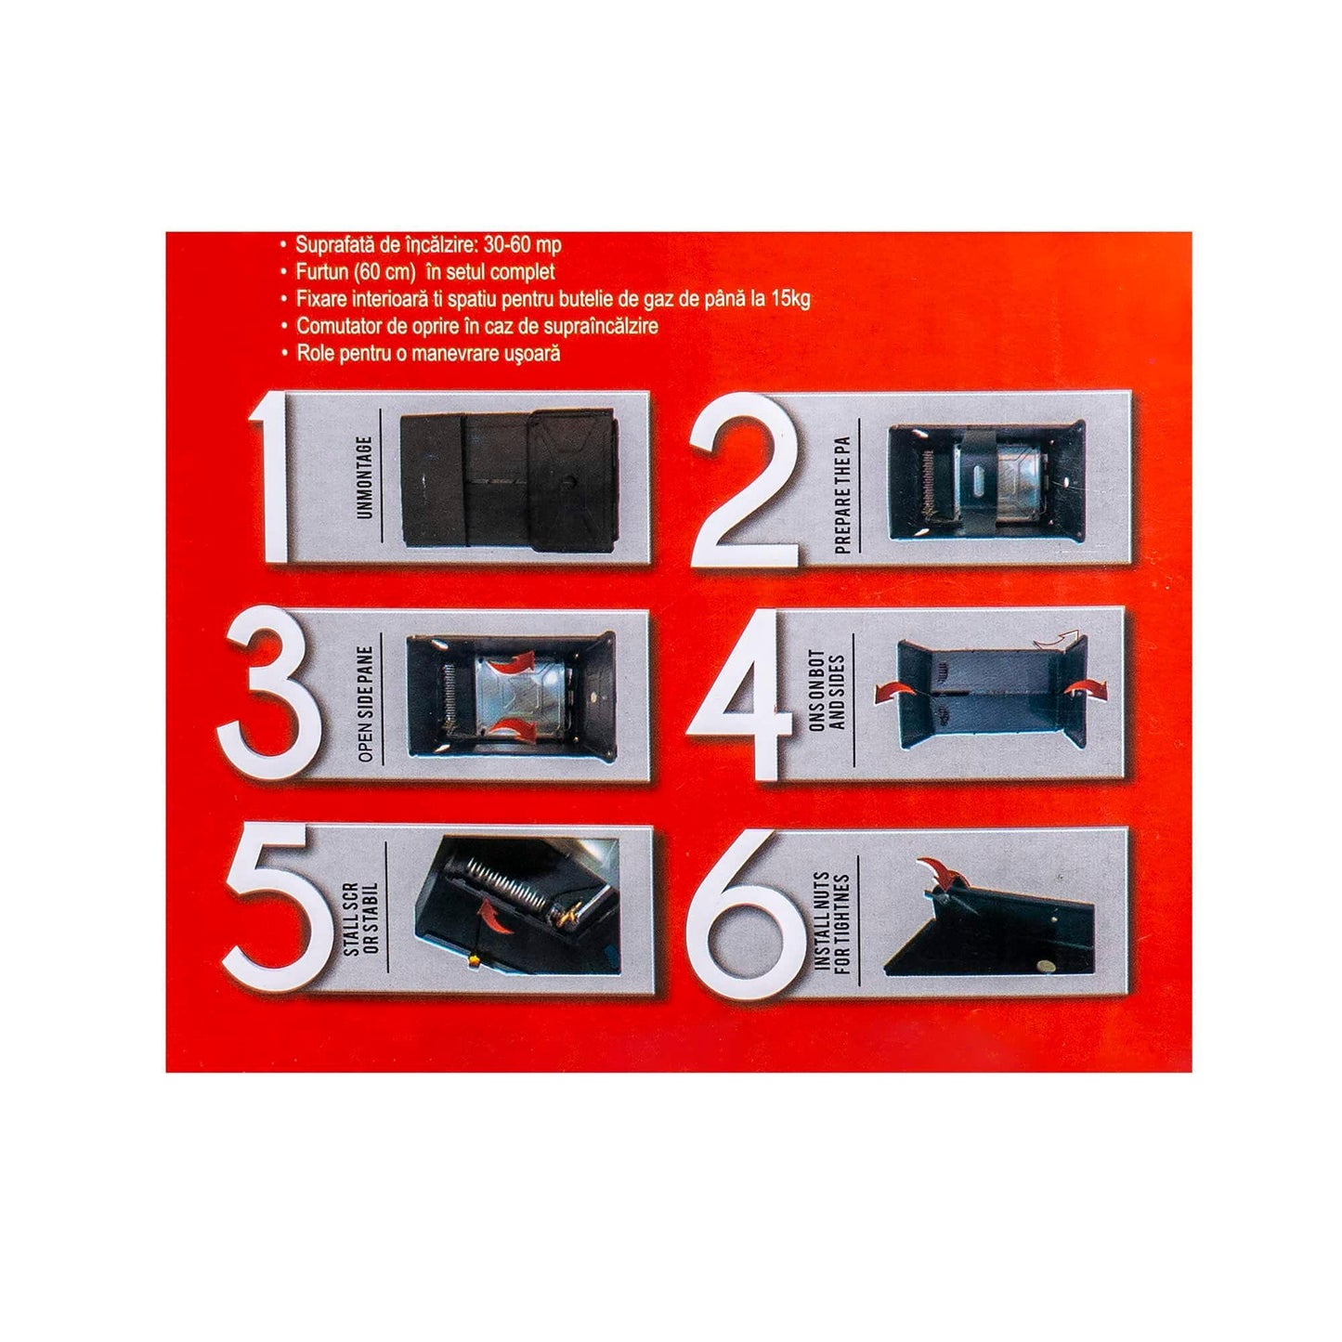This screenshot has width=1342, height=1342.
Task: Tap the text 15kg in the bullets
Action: (x=790, y=299)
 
